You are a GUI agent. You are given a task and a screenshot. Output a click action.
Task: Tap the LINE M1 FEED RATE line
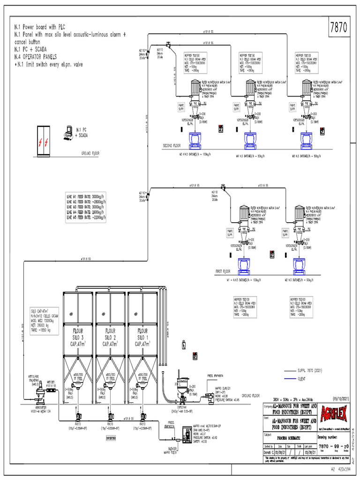(x=86, y=196)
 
